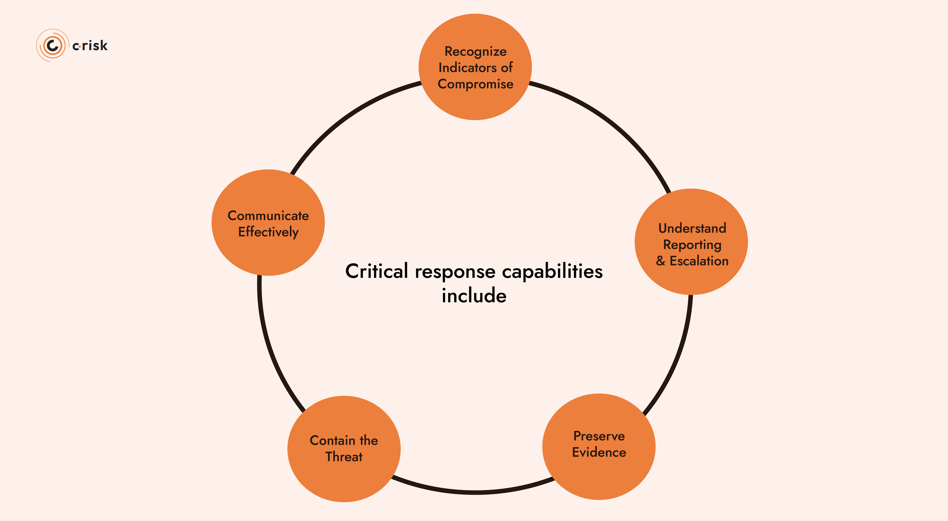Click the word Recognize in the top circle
pyautogui.click(x=475, y=52)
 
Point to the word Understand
pyautogui.click(x=692, y=228)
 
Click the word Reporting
pyautogui.click(x=692, y=245)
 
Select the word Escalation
pyautogui.click(x=699, y=261)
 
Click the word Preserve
pyautogui.click(x=599, y=436)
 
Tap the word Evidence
pyautogui.click(x=599, y=452)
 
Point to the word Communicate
pyautogui.click(x=268, y=216)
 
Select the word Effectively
pyautogui.click(x=268, y=232)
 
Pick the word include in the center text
pyautogui.click(x=474, y=296)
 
